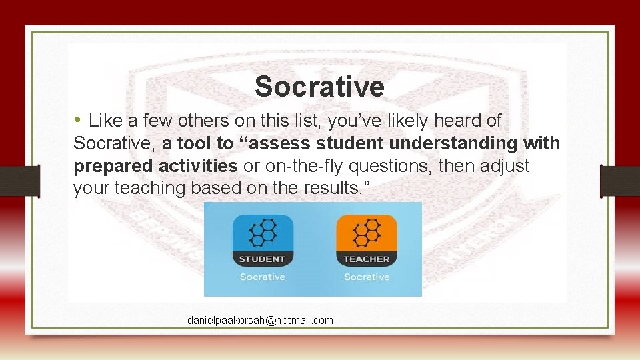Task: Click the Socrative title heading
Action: pos(319,87)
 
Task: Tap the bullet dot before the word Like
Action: pos(78,120)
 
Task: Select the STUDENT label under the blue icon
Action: pos(262,259)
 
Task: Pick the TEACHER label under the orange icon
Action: pos(366,259)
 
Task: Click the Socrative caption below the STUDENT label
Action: pos(262,277)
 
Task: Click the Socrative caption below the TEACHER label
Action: pos(366,277)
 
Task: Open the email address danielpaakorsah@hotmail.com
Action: pos(260,321)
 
